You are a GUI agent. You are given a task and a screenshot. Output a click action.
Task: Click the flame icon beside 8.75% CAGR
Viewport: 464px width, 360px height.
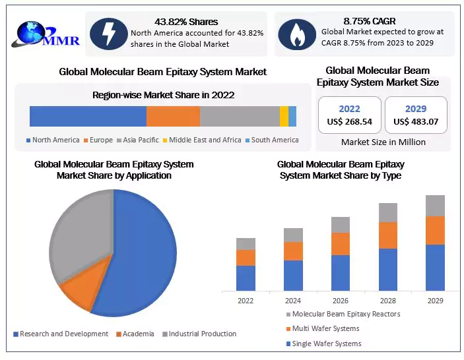click(x=296, y=33)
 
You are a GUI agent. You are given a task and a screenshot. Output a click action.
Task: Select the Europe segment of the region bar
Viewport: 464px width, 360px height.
click(x=173, y=116)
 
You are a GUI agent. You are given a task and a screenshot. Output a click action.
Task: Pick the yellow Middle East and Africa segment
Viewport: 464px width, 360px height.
click(x=284, y=116)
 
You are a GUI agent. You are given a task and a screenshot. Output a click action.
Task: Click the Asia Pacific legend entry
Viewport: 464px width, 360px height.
click(x=140, y=140)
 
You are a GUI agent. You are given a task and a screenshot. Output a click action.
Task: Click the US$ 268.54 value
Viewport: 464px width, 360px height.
click(x=350, y=122)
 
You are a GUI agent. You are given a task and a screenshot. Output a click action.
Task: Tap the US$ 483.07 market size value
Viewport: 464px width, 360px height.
click(x=416, y=122)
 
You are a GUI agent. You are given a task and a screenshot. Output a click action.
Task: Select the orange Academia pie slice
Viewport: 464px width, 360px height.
click(x=83, y=289)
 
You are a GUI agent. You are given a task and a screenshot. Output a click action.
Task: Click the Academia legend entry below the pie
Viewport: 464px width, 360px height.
click(x=137, y=334)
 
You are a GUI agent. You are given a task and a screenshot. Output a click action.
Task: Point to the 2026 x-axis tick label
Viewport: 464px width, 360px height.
click(x=340, y=301)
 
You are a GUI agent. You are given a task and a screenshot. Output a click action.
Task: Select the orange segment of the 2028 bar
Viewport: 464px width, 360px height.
click(x=388, y=235)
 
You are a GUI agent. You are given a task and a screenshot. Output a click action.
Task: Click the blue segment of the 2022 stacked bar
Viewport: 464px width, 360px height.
click(x=246, y=278)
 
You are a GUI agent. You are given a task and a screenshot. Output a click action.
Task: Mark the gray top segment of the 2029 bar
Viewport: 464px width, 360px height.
click(x=435, y=206)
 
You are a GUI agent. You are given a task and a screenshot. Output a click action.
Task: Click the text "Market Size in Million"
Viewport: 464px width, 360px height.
click(x=383, y=142)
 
